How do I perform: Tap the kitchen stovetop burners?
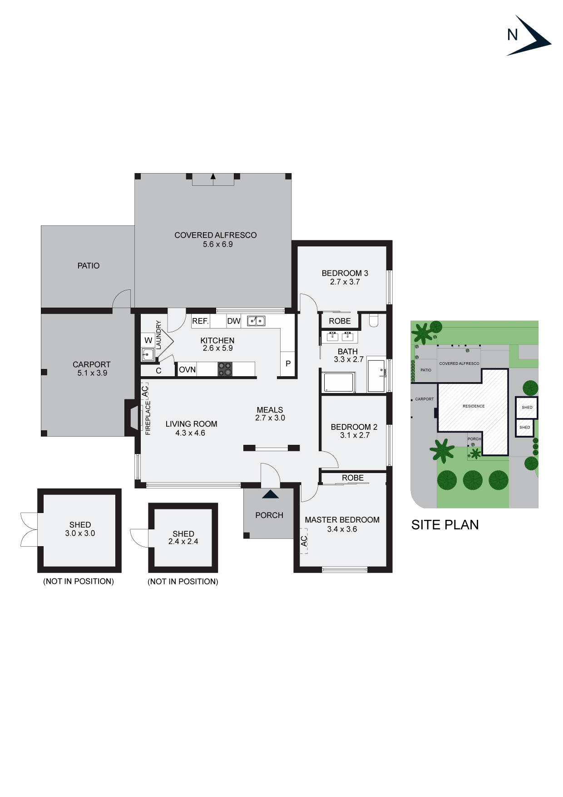tap(225, 369)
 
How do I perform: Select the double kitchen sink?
tap(256, 321)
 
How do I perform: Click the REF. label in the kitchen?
tap(200, 321)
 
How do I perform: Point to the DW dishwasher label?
tap(234, 321)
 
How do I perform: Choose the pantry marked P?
tap(288, 364)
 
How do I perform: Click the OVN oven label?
tap(187, 370)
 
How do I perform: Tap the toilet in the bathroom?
tap(374, 321)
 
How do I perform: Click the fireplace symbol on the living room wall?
tap(132, 418)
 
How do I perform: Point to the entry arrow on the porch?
tap(271, 494)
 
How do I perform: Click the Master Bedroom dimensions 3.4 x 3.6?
tap(342, 529)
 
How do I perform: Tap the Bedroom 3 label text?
tap(345, 273)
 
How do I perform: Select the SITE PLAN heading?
tap(445, 525)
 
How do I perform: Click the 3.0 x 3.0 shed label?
tap(80, 533)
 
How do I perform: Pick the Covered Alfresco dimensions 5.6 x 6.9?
tap(217, 244)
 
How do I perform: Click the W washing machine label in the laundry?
tap(148, 340)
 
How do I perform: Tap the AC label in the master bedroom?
tap(304, 541)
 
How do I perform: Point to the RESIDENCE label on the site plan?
tap(474, 406)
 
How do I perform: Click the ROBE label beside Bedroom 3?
tap(340, 321)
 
